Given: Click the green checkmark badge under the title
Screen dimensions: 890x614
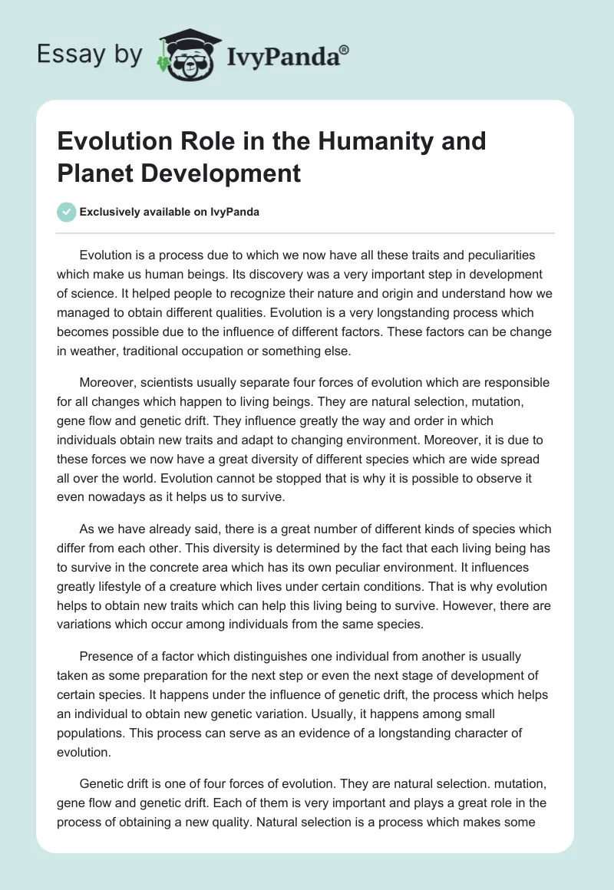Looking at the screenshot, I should (x=67, y=212).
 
